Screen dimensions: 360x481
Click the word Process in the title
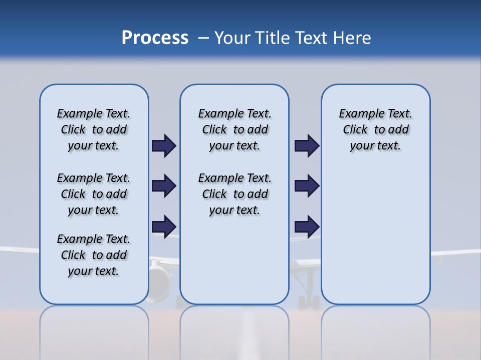[x=155, y=38]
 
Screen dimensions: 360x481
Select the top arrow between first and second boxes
[x=164, y=146]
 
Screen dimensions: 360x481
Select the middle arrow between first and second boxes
[x=164, y=186]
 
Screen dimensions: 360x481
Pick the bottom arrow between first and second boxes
[x=164, y=226]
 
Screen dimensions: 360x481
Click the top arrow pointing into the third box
[x=307, y=146]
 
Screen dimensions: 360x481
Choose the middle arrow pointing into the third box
[x=307, y=186]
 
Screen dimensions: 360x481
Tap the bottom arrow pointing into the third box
[x=307, y=226]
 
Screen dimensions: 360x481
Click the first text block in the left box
[x=94, y=129]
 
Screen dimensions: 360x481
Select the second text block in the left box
[x=94, y=194]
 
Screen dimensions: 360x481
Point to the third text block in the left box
[x=94, y=255]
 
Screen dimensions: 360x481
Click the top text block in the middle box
[x=234, y=129]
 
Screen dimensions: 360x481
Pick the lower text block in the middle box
[x=234, y=194]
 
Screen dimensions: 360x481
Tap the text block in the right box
[x=375, y=129]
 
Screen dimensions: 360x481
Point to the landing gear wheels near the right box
[x=308, y=300]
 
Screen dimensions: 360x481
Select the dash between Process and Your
[x=203, y=38]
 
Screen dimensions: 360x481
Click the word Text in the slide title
[x=310, y=38]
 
